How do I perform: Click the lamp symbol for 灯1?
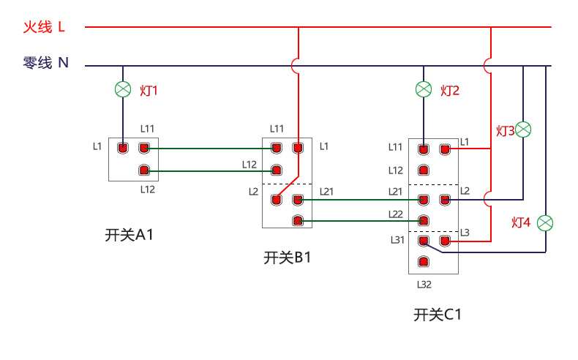tap(123, 90)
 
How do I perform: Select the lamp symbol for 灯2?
tap(424, 89)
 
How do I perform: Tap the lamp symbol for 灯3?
tap(523, 130)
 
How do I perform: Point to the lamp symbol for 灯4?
tap(545, 222)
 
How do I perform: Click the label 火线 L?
tap(44, 27)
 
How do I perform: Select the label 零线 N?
tap(45, 64)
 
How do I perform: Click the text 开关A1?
tap(130, 235)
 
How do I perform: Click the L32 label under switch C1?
tap(424, 285)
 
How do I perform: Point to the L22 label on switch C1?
tap(396, 214)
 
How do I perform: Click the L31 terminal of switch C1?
tap(423, 240)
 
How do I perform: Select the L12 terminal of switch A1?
tap(144, 171)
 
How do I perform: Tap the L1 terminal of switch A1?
tap(123, 149)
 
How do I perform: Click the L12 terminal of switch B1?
tap(276, 170)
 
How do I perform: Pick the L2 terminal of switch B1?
tap(276, 198)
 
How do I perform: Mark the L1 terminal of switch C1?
tap(444, 149)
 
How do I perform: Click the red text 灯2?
tap(450, 91)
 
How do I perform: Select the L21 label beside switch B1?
tap(326, 192)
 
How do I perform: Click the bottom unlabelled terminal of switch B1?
tap(297, 220)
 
